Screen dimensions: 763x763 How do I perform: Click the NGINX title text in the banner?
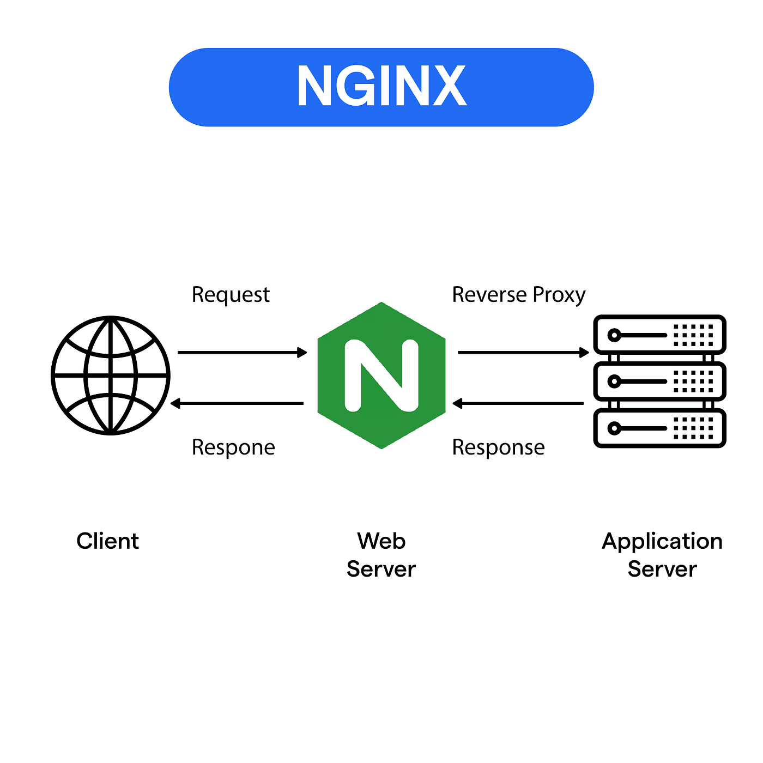click(x=381, y=86)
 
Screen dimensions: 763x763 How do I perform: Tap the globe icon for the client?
click(x=111, y=376)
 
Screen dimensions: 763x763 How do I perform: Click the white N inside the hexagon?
click(x=381, y=375)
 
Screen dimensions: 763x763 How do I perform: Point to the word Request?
click(x=231, y=295)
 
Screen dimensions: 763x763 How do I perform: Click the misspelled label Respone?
click(x=233, y=447)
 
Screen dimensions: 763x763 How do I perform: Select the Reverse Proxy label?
click(x=518, y=295)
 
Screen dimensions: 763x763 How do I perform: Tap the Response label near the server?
click(x=498, y=447)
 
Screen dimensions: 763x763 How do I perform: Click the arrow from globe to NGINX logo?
click(x=242, y=353)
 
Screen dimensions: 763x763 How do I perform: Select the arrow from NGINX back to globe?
click(x=238, y=403)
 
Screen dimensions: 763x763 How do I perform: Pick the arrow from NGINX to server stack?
click(x=523, y=353)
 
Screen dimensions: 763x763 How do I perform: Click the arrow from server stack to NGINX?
click(x=518, y=403)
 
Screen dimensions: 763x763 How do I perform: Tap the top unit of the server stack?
click(x=659, y=335)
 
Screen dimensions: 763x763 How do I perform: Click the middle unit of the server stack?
click(x=659, y=381)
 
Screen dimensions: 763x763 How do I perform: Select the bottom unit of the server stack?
click(x=659, y=428)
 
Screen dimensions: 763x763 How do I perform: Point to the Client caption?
click(x=108, y=541)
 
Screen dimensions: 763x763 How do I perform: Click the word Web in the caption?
click(x=381, y=541)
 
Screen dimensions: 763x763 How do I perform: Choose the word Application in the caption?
click(x=662, y=541)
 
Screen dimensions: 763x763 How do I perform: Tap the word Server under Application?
click(x=662, y=569)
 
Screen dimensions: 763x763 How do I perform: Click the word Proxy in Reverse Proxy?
click(x=559, y=295)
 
